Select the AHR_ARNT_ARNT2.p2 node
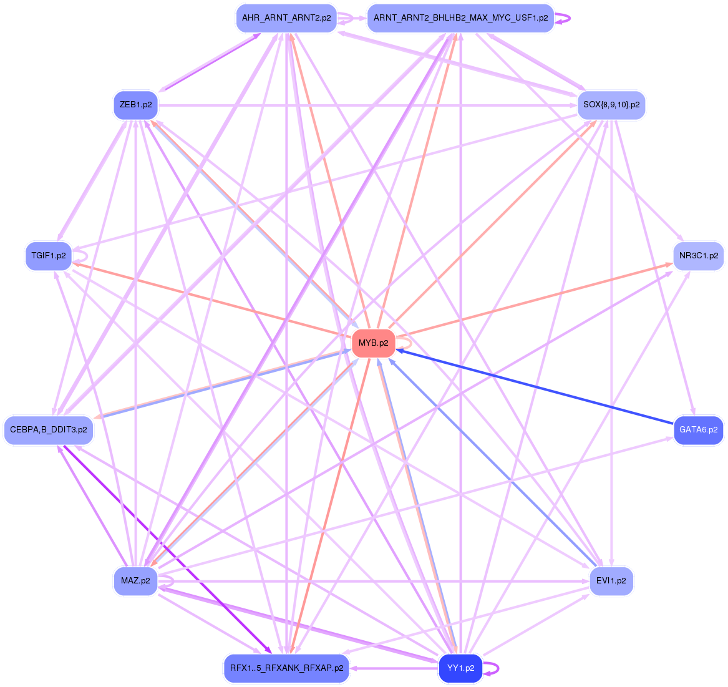(x=286, y=18)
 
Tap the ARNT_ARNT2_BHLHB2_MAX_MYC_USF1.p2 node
(x=460, y=18)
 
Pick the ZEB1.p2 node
(x=135, y=105)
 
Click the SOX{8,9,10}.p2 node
(x=611, y=105)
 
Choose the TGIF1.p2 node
(x=49, y=256)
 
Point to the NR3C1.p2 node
(x=698, y=256)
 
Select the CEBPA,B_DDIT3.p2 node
(x=49, y=430)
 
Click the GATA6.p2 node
(x=698, y=430)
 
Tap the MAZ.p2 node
(x=135, y=581)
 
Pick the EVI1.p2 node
(x=611, y=581)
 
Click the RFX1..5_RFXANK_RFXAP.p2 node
(x=286, y=668)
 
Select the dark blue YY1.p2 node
(x=460, y=668)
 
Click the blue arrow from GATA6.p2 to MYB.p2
(x=536, y=387)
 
